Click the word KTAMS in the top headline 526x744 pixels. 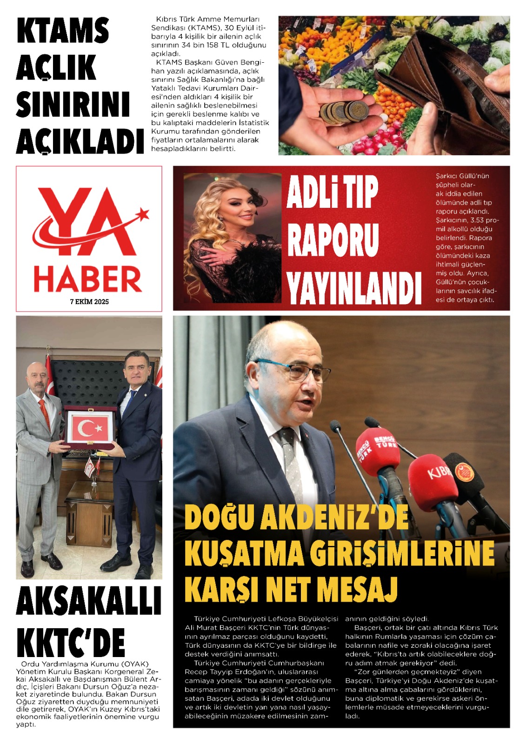pyautogui.click(x=63, y=31)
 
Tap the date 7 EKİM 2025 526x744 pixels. pyautogui.click(x=89, y=302)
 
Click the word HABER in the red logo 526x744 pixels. pyautogui.click(x=87, y=279)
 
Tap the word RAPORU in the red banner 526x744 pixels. pyautogui.click(x=333, y=240)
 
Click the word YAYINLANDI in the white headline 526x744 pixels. pyautogui.click(x=354, y=288)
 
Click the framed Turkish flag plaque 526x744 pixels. pyautogui.click(x=90, y=427)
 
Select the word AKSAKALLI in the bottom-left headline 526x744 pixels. pyautogui.click(x=89, y=601)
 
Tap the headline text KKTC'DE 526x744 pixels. pyautogui.click(x=71, y=642)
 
